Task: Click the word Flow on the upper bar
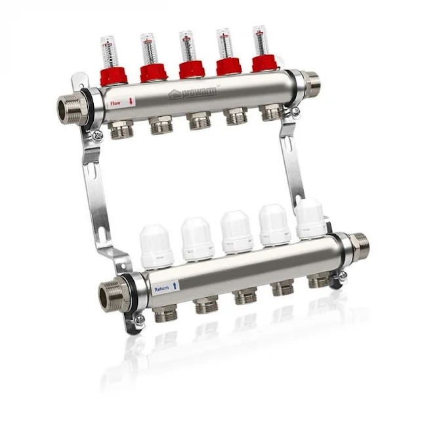coord(116,102)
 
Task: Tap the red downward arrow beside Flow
coord(131,102)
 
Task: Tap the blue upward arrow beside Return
coord(175,286)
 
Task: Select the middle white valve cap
coord(236,232)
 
